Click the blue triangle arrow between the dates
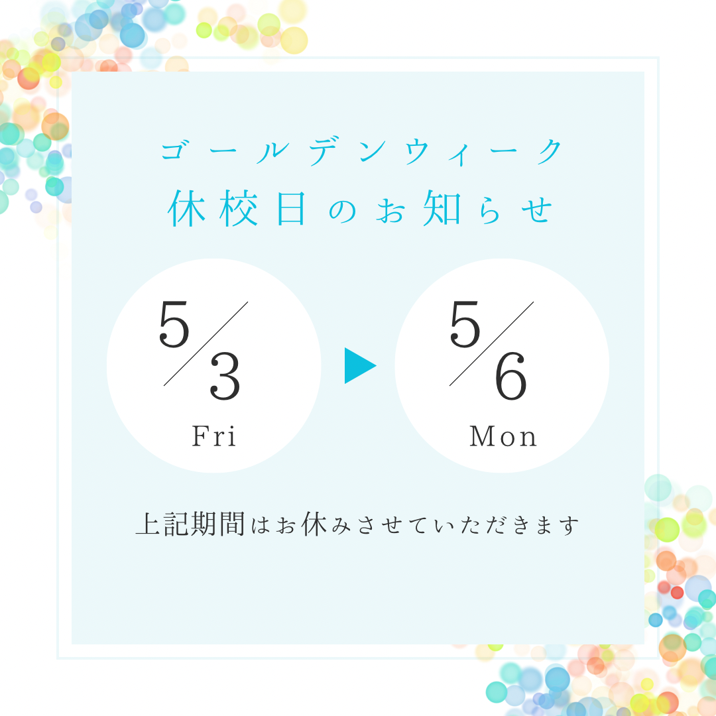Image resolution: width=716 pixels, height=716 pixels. [359, 366]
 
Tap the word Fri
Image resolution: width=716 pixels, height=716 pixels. [213, 436]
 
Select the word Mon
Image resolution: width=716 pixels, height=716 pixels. [503, 436]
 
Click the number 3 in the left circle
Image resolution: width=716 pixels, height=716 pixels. [225, 377]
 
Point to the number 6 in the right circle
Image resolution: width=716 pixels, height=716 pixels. [511, 377]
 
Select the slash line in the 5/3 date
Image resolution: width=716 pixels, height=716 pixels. [206, 344]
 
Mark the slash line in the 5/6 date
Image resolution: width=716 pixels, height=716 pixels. [491, 344]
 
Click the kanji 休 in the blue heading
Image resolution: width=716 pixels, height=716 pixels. [186, 208]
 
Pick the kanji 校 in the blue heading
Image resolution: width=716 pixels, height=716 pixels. [239, 208]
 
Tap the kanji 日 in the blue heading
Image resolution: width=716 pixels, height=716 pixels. [291, 208]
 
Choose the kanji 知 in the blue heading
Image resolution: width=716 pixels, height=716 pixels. [442, 208]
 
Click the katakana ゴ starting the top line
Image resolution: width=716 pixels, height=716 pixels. [174, 150]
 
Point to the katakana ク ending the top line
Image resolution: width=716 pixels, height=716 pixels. [550, 150]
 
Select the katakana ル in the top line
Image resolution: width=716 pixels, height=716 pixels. [272, 152]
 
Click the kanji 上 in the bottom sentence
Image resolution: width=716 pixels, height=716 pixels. [149, 524]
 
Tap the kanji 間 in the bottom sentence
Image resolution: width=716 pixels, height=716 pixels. [232, 524]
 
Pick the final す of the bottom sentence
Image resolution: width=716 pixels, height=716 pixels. [569, 526]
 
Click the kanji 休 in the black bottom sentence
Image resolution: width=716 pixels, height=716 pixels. [314, 524]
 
